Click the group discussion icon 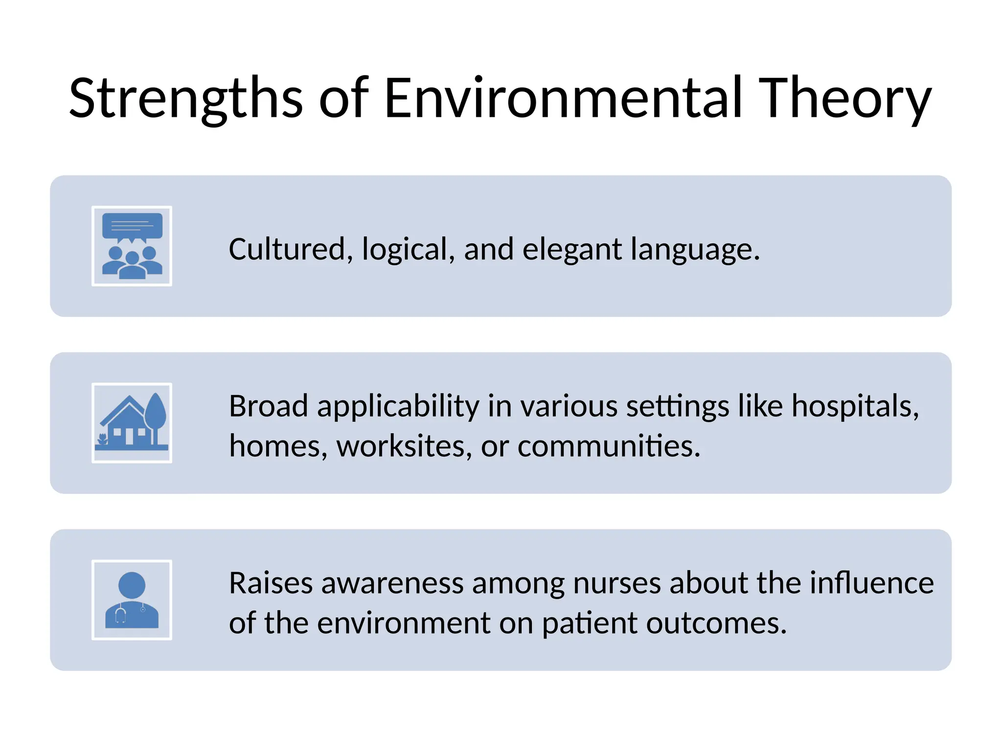132,246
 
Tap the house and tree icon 132,423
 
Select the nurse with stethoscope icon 132,600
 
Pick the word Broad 268,406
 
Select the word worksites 404,446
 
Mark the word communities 609,446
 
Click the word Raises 271,583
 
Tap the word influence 871,583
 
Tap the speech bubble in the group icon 132,226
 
